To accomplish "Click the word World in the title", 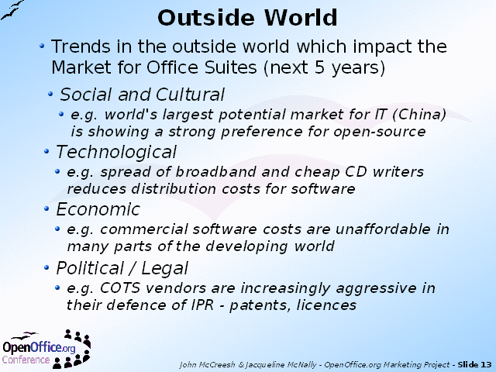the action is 301,18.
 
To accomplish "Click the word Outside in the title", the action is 206,18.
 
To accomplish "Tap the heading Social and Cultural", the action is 142,95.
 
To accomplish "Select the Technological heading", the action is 116,153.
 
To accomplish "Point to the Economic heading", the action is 98,209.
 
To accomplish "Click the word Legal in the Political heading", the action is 164,269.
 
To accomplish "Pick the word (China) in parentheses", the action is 419,115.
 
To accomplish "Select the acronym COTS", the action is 120,288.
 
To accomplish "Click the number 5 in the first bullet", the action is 320,67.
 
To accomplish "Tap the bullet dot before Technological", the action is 46,152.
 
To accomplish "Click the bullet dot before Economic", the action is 46,208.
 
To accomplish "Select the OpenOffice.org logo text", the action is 39,348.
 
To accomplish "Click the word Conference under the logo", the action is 26,360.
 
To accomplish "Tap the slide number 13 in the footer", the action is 486,365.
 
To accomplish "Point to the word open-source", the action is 380,133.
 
